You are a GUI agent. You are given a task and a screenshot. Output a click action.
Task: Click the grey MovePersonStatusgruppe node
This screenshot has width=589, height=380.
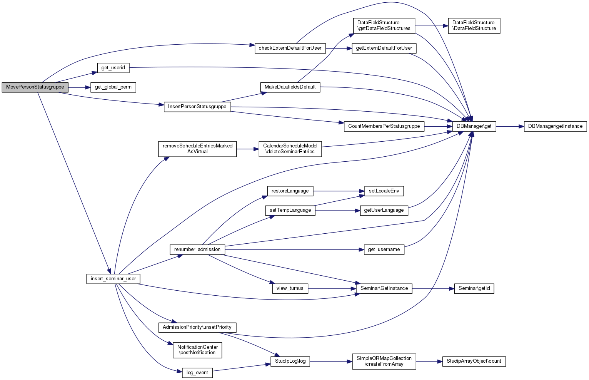(35, 87)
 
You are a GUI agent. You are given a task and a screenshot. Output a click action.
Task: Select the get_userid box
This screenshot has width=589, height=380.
(113, 68)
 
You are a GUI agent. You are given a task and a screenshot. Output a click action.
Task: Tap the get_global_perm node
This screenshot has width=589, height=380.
(113, 87)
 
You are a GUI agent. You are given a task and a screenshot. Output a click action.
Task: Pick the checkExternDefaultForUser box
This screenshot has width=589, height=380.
(290, 48)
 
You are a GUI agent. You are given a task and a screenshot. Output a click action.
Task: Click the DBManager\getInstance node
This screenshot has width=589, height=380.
(555, 126)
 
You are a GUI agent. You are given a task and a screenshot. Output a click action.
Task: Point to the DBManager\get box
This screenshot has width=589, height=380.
(474, 126)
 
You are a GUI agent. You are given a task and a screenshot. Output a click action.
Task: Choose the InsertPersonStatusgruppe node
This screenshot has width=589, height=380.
(197, 107)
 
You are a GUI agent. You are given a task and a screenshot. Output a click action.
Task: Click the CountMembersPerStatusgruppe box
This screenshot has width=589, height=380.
(384, 126)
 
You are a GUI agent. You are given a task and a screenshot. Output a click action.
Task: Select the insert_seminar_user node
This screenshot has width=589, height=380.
(113, 279)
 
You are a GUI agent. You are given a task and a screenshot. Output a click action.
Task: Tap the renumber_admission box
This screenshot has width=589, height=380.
(197, 249)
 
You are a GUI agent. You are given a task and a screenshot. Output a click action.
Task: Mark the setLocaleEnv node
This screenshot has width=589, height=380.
(384, 191)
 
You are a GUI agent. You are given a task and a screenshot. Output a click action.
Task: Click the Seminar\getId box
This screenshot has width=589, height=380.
(474, 288)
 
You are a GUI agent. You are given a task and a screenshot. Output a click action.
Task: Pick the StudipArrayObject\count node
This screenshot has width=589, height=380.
(474, 361)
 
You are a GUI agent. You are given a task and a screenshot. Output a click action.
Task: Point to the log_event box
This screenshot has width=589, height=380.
(197, 373)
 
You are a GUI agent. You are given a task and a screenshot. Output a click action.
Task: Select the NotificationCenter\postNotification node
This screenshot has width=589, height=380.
(197, 350)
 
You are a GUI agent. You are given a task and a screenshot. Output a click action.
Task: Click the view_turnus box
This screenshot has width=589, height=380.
(290, 288)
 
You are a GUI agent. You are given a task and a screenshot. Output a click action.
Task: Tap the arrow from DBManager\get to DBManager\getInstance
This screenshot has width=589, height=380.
(510, 126)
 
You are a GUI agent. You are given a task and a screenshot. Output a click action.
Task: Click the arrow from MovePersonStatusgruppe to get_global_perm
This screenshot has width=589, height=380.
(79, 87)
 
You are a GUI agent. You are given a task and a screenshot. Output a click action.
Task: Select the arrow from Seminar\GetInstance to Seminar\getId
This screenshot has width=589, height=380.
(433, 288)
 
